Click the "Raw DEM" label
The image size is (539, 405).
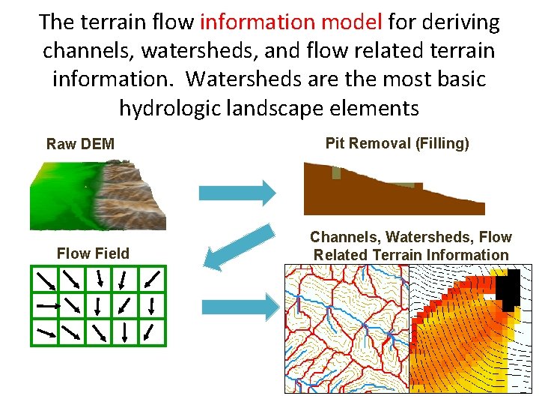(x=80, y=144)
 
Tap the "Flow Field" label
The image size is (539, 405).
(x=93, y=253)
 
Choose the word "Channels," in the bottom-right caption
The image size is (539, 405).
(x=346, y=237)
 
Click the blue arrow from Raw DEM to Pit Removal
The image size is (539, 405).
(x=237, y=193)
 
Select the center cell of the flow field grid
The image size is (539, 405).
(x=97, y=305)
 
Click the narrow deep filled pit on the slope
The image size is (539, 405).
(x=335, y=173)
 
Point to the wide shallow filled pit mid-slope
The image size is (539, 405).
(x=404, y=184)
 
